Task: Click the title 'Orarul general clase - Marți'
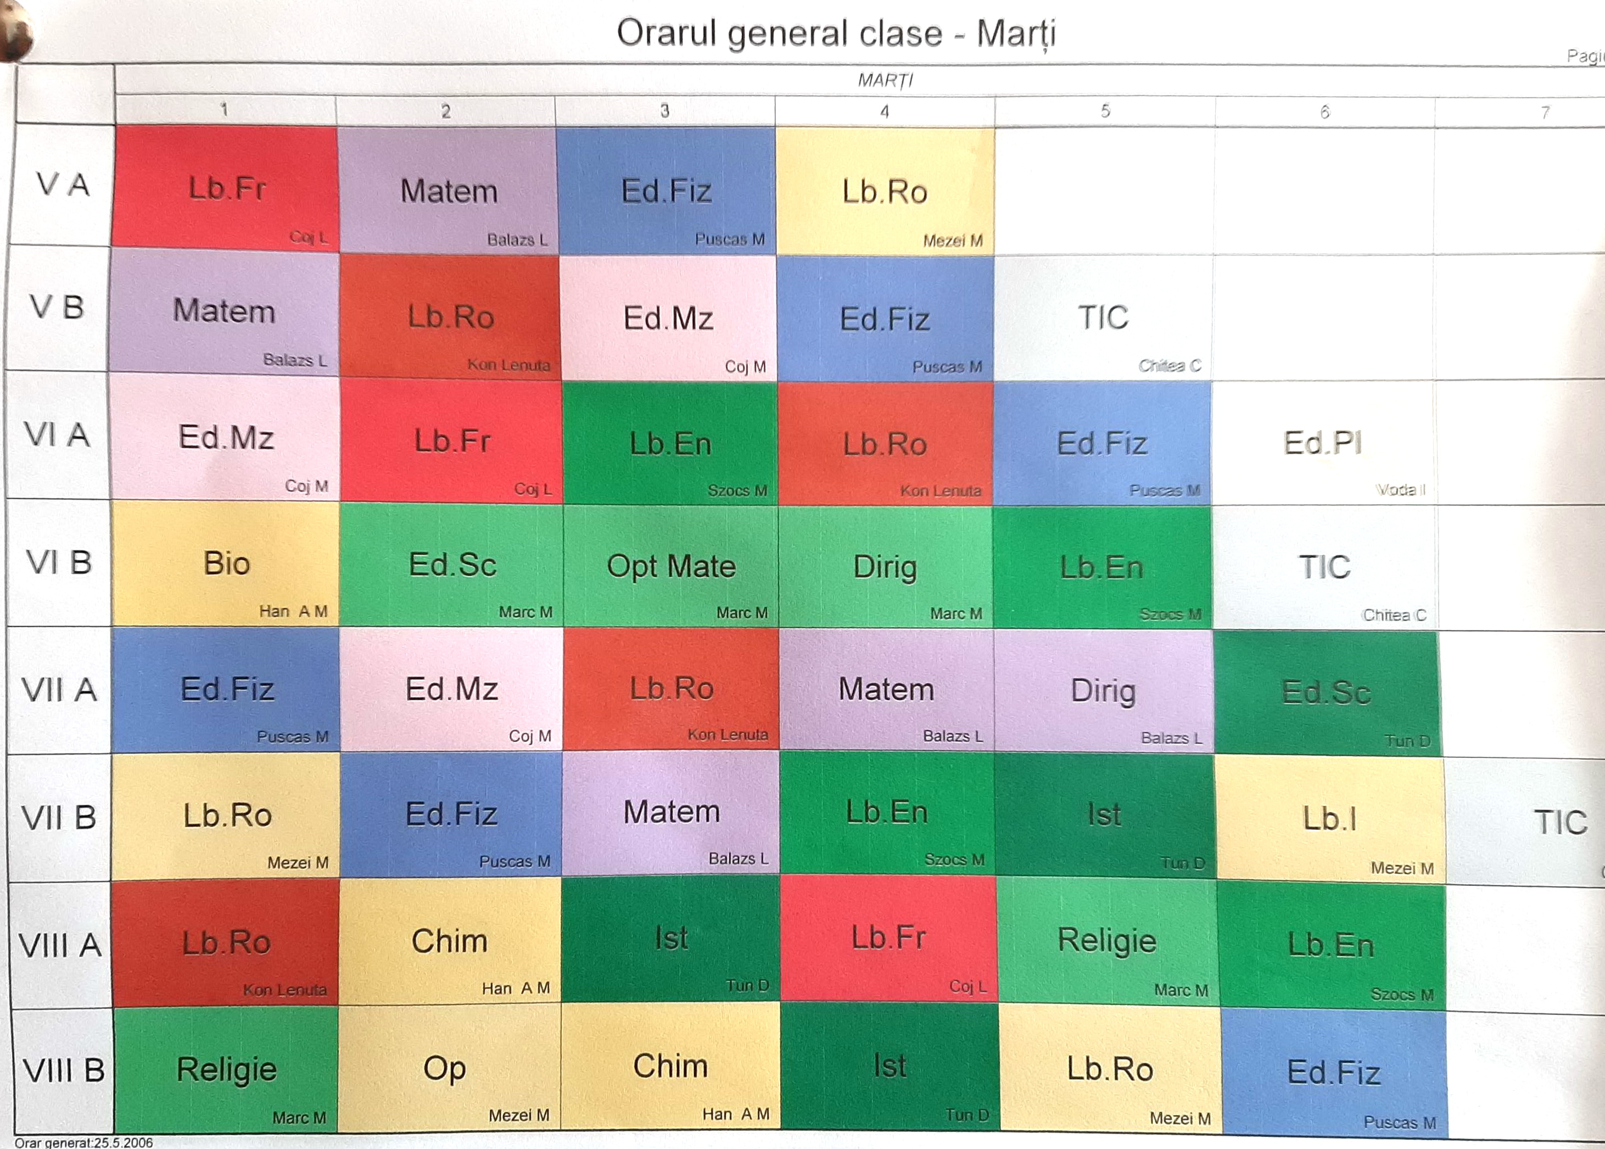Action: point(836,34)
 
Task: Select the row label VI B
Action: point(59,563)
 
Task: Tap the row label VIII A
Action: point(60,945)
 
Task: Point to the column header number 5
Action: point(1105,111)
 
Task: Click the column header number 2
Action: point(446,111)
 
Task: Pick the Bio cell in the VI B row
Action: point(226,564)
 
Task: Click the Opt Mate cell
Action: point(670,567)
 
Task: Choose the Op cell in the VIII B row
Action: point(444,1068)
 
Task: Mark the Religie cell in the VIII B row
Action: point(226,1069)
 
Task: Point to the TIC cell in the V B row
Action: point(1103,317)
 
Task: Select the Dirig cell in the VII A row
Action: point(1103,690)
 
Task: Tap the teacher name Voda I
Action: point(1400,489)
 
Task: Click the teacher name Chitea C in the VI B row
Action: point(1394,615)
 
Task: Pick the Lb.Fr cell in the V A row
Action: point(226,189)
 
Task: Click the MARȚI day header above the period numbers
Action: point(885,80)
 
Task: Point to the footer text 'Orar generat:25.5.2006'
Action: point(83,1142)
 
